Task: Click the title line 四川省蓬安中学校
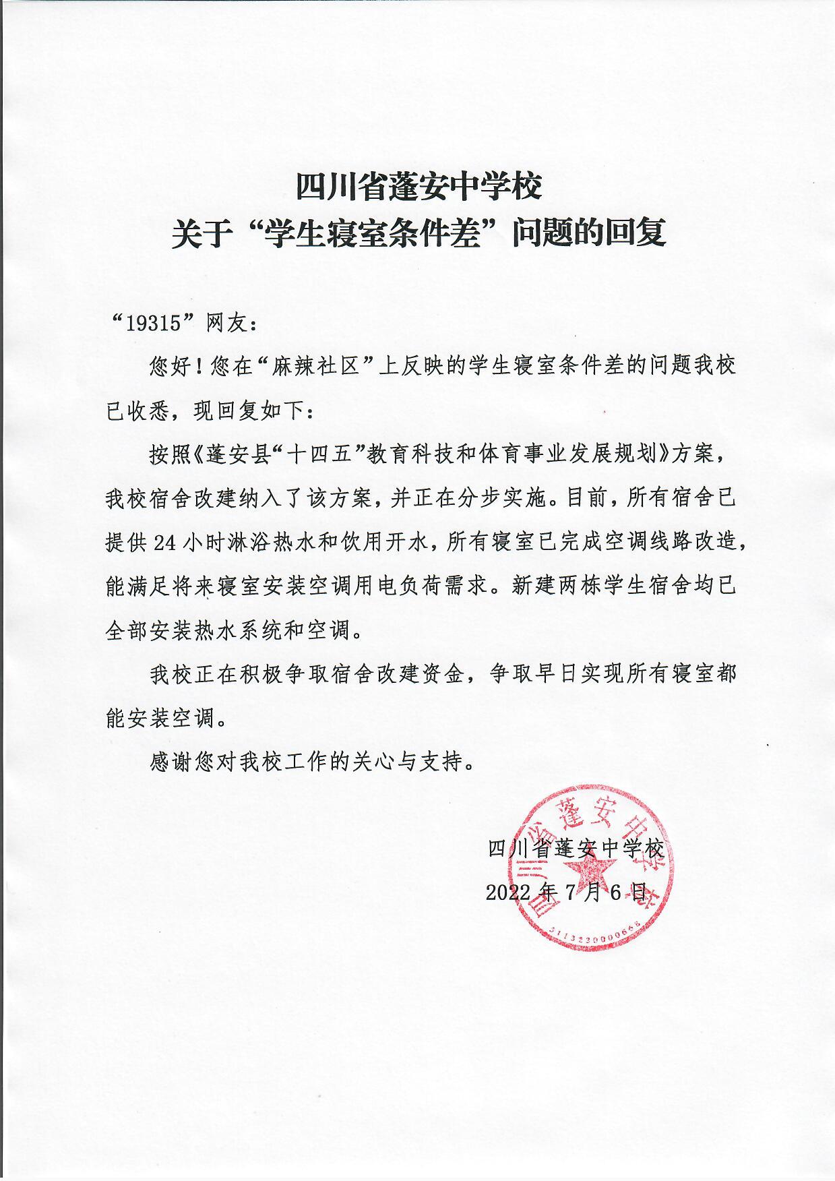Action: tap(419, 187)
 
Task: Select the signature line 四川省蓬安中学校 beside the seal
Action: tap(576, 848)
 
